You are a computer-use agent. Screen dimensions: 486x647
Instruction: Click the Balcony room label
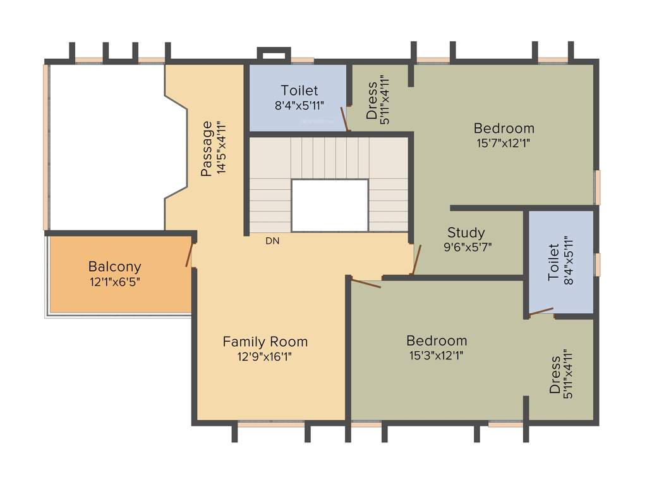pyautogui.click(x=114, y=266)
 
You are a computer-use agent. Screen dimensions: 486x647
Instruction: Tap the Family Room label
pyautogui.click(x=265, y=342)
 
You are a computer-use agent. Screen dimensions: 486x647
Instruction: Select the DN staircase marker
pyautogui.click(x=272, y=241)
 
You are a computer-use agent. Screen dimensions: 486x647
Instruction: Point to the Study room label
pyautogui.click(x=466, y=232)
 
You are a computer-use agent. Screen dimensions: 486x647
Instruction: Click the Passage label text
pyautogui.click(x=207, y=148)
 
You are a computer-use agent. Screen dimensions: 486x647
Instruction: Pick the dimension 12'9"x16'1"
pyautogui.click(x=265, y=357)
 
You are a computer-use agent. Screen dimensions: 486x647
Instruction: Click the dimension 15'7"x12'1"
pyautogui.click(x=504, y=143)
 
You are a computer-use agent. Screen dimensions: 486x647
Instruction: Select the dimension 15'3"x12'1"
pyautogui.click(x=436, y=356)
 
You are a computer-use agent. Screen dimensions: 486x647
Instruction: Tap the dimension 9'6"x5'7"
pyautogui.click(x=468, y=247)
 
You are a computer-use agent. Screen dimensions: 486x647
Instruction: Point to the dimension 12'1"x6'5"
pyautogui.click(x=114, y=282)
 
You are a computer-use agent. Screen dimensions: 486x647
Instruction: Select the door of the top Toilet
pyautogui.click(x=344, y=119)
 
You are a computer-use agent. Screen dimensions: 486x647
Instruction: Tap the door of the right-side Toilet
pyautogui.click(x=541, y=312)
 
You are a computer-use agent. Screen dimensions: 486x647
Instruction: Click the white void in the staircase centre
pyautogui.click(x=329, y=205)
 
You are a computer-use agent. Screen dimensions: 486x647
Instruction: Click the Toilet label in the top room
pyautogui.click(x=299, y=90)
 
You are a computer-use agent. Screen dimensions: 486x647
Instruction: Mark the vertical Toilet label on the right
pyautogui.click(x=553, y=262)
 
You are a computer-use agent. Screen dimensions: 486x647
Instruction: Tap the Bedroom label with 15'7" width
pyautogui.click(x=504, y=128)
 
